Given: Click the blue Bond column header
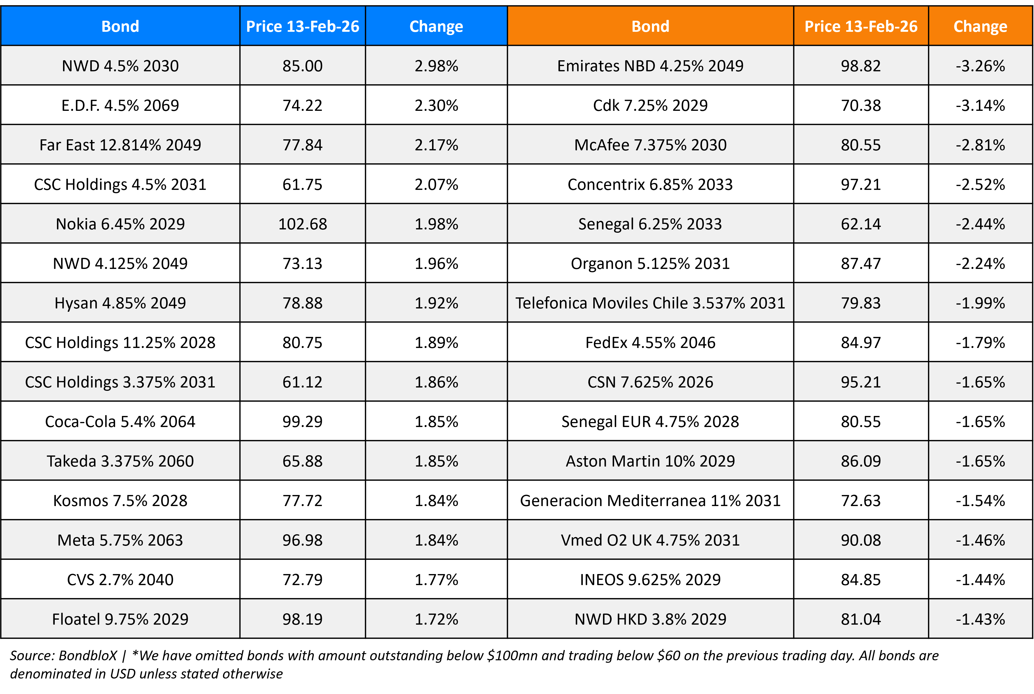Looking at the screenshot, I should pos(120,27).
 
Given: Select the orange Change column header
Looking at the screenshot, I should pos(980,27).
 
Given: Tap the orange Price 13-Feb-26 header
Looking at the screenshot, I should pos(860,27).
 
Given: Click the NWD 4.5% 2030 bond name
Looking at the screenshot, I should pos(120,66).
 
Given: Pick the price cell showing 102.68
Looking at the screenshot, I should pos(302,224).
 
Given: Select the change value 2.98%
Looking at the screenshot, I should pos(436,66).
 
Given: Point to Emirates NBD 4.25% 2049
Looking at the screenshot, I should pos(650,66).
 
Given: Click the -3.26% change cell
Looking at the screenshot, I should pos(980,66).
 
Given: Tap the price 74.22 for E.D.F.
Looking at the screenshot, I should pos(302,105).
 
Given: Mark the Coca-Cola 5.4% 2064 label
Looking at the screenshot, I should pos(120,421).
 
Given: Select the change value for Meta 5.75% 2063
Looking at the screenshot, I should pos(436,540).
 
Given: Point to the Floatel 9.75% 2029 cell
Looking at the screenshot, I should pos(120,619).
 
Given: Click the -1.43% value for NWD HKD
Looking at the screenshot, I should pos(980,619).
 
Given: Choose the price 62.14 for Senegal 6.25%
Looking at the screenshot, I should pos(860,224).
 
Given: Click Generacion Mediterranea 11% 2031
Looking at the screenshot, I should pos(650,501).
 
